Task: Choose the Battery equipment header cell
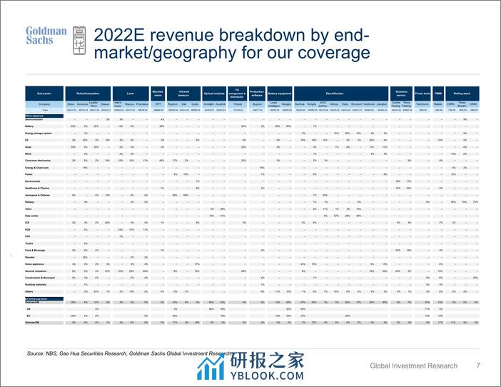[279, 93]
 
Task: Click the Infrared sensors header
[184, 93]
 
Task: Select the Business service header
[400, 93]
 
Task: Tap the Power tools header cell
[421, 93]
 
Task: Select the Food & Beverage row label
[35, 251]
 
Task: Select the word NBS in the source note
[51, 353]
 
